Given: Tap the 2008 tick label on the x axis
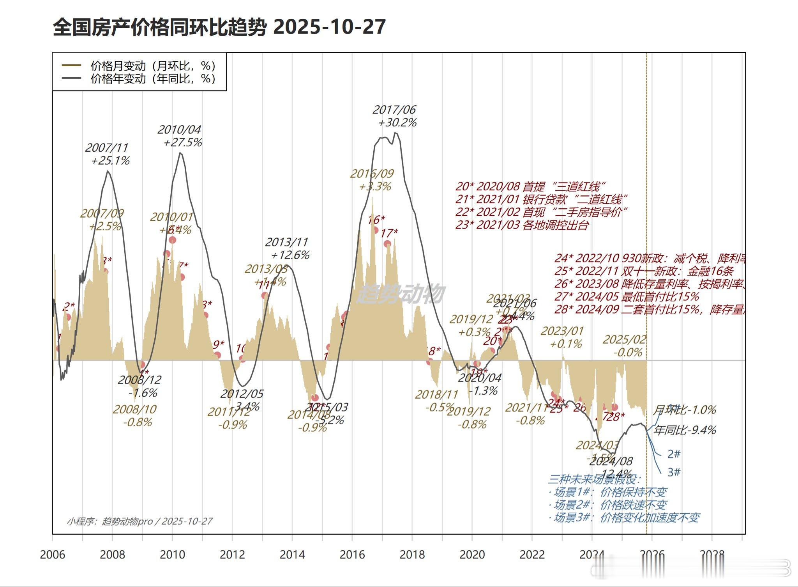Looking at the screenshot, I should coord(112,554).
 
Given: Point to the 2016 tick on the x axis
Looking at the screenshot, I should coord(352,554).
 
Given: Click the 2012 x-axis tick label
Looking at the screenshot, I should coord(232,554).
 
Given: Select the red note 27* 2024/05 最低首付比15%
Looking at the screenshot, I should coord(627,296).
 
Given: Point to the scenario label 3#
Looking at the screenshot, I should coord(674,472).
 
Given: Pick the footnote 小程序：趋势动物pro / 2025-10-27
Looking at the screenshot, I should coord(139,521).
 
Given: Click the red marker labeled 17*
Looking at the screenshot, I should coord(387,244).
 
